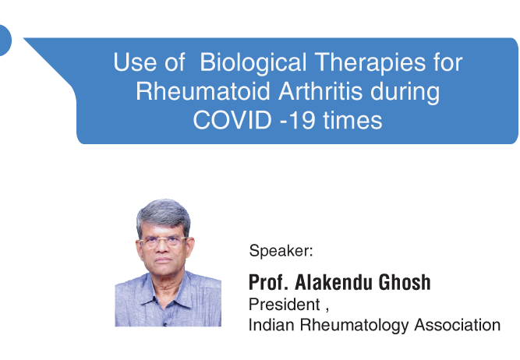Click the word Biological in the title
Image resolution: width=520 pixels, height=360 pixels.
click(253, 63)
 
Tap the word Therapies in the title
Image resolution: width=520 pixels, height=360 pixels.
click(370, 62)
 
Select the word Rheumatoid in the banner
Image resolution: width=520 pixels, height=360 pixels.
click(203, 91)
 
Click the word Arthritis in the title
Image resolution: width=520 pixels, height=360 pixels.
click(320, 91)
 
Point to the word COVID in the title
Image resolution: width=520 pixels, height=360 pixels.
click(232, 120)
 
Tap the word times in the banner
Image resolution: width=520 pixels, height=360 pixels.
click(352, 120)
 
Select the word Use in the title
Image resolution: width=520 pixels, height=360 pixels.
click(136, 62)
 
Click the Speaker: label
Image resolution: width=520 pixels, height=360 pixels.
click(281, 251)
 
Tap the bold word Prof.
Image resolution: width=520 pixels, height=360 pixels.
click(268, 282)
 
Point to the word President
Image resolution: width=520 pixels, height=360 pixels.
click(285, 305)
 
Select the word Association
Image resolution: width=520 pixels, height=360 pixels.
click(458, 325)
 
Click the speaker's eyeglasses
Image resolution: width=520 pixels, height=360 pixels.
click(163, 242)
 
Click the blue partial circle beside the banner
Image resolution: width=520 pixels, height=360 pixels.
click(5, 40)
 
